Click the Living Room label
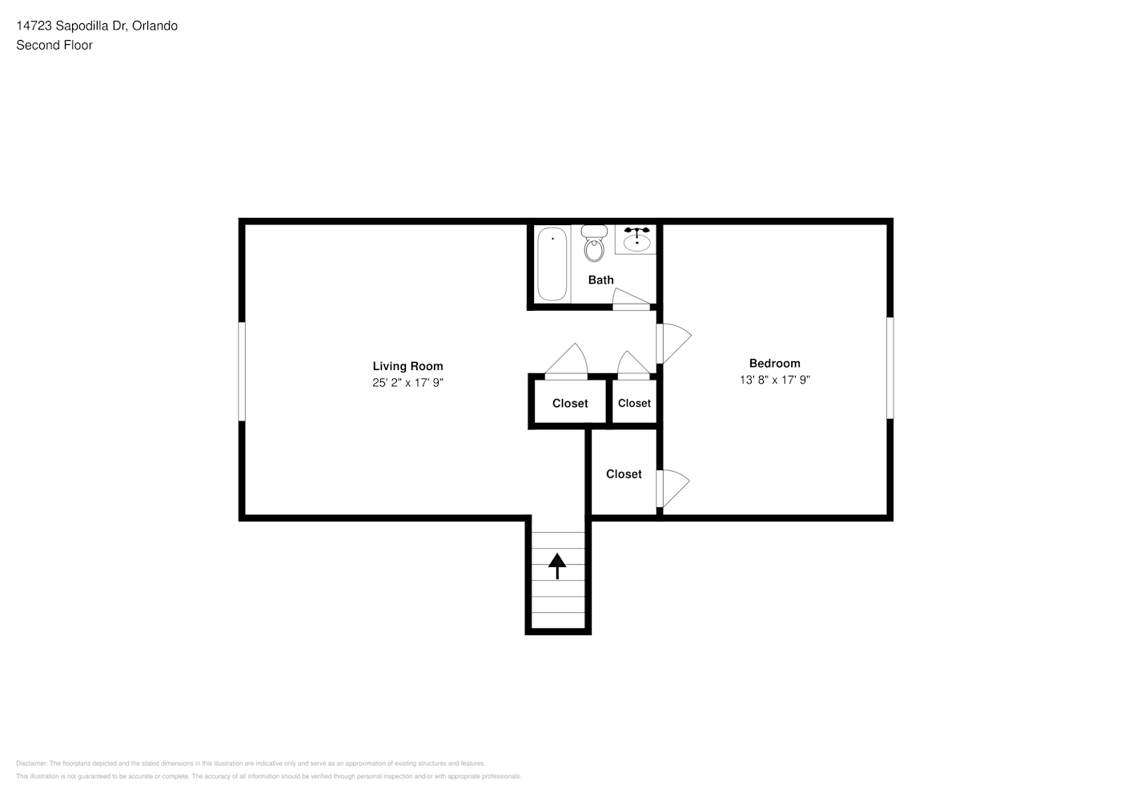point(407,366)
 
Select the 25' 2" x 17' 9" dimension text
point(407,383)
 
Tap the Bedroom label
point(774,363)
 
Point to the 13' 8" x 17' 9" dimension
point(774,380)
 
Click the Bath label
point(600,280)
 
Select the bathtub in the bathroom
point(552,264)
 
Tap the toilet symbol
point(594,245)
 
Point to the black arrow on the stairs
point(557,565)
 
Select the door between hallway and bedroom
point(672,343)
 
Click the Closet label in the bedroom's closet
point(624,474)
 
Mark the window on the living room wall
point(242,371)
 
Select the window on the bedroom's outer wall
point(889,368)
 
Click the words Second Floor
point(54,45)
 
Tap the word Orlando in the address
point(155,26)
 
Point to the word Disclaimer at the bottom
point(32,763)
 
